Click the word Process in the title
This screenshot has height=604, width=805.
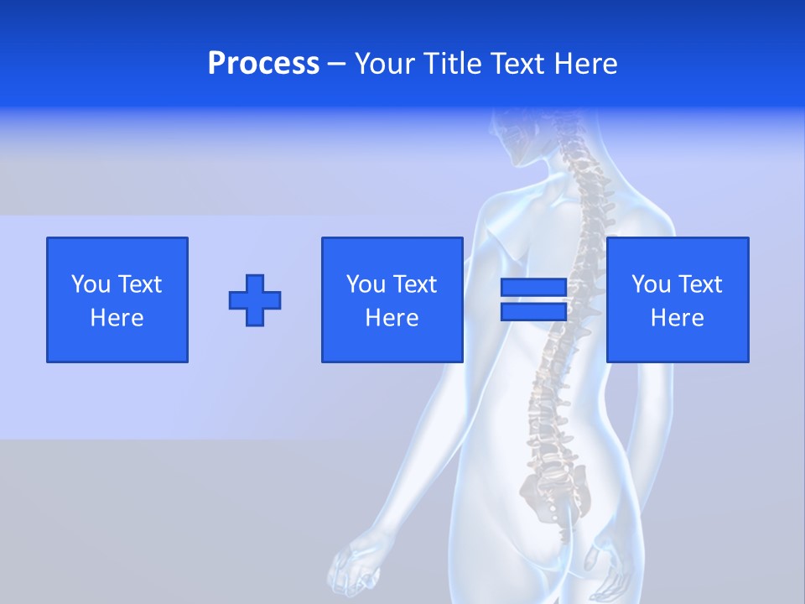[263, 64]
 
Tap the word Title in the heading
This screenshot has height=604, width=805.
[453, 64]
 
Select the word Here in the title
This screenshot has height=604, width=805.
[584, 64]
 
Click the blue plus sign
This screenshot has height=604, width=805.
[255, 299]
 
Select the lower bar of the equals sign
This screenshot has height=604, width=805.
[533, 311]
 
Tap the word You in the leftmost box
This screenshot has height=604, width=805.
[90, 284]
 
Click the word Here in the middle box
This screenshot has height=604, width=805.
[392, 318]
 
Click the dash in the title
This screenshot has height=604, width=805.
[337, 64]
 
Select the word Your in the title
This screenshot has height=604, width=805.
[386, 64]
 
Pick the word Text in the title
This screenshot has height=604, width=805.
[519, 64]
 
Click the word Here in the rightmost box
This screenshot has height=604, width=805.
[677, 318]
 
